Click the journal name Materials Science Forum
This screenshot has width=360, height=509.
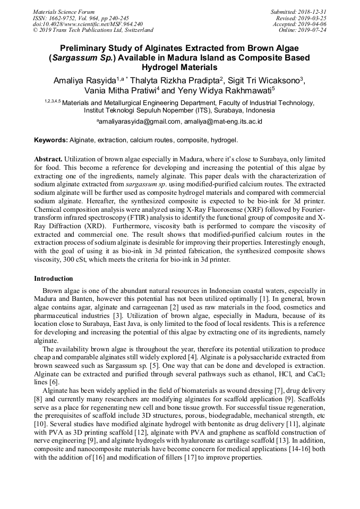[64, 12]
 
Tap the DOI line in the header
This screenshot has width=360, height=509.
[88, 24]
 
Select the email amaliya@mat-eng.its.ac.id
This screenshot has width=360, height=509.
[223, 122]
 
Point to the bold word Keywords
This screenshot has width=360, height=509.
[51, 141]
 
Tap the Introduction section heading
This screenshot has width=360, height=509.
[54, 279]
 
